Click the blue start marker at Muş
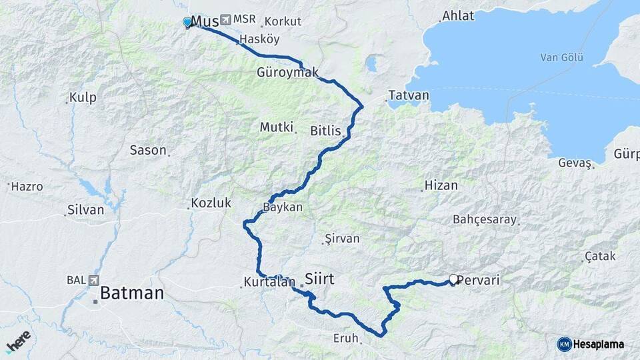coord(187,23)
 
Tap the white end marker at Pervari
coord(453,279)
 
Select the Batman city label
coord(132,293)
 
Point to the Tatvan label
coord(409,95)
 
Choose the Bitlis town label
coord(325,131)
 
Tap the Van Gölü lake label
coord(561,58)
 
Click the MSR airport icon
coord(224,19)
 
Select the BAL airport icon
coord(93,280)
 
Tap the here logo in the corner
coord(19,341)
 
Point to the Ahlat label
coord(458,16)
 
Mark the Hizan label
coord(441,185)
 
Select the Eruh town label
coord(346,338)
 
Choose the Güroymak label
coord(287,73)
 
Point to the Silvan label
coord(86,210)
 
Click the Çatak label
coord(599,257)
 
